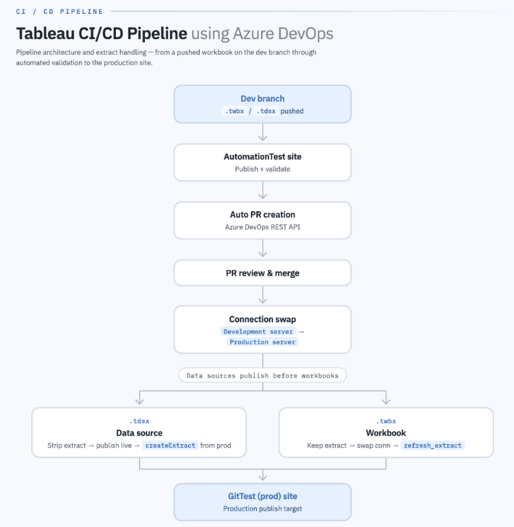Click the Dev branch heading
click(262, 99)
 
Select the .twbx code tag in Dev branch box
click(234, 111)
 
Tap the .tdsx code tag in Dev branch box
click(266, 111)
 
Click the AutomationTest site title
click(262, 157)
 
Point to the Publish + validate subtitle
click(262, 169)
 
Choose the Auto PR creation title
click(262, 215)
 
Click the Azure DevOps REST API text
click(262, 227)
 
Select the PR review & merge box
click(262, 273)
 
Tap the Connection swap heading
click(262, 319)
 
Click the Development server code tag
click(258, 332)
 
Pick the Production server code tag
click(262, 342)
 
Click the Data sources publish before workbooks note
click(262, 375)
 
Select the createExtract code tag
click(170, 446)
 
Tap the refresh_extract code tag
click(433, 446)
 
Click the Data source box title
click(139, 433)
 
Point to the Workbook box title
click(386, 433)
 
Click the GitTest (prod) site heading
click(262, 496)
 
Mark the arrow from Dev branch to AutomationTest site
click(262, 132)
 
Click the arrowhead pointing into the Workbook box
click(386, 401)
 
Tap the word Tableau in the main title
click(46, 34)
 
